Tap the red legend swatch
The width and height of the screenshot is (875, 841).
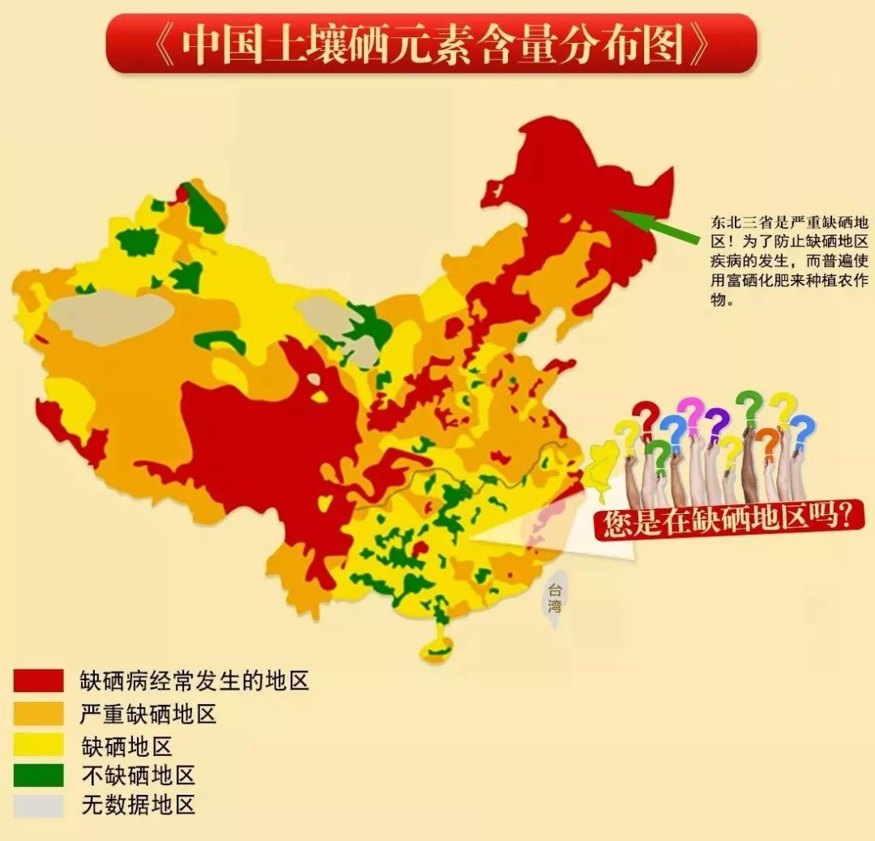(38, 681)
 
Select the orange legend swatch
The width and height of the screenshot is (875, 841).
(38, 712)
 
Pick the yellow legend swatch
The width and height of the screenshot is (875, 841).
(38, 744)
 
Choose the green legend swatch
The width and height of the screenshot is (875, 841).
(38, 775)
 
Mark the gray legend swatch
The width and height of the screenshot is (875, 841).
(38, 805)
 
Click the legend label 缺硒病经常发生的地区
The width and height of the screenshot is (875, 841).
(194, 681)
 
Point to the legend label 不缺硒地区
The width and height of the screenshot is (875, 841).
(139, 775)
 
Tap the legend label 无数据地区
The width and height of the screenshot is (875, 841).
(139, 806)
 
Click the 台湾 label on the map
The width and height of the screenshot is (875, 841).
(555, 597)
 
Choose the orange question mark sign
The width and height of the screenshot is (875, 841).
(769, 441)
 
